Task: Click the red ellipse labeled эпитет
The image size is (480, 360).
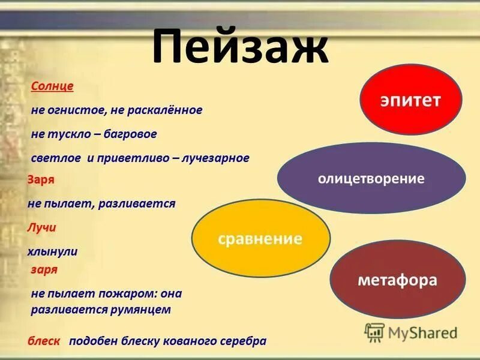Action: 410,100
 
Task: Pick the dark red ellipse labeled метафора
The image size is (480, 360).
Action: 398,280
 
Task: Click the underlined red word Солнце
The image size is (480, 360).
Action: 52,86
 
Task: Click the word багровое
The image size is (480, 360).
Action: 133,134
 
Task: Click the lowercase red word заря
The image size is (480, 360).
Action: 44,269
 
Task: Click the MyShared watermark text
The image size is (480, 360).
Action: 422,332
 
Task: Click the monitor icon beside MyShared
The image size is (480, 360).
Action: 374,332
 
